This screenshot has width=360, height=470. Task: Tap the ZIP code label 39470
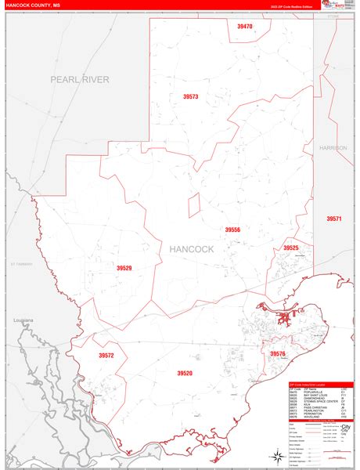tap(245, 27)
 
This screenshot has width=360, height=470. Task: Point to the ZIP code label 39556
tap(232, 230)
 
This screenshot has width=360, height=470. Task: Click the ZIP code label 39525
tap(291, 248)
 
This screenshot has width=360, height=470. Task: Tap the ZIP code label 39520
tap(185, 374)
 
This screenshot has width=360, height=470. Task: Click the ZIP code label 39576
tap(278, 354)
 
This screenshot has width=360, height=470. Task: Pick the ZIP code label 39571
tap(334, 219)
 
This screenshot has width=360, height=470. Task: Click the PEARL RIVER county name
tap(80, 79)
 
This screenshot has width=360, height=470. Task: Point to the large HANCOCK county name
tap(191, 249)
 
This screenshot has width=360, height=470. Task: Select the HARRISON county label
tap(333, 147)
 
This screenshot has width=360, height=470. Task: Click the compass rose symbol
tap(277, 455)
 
